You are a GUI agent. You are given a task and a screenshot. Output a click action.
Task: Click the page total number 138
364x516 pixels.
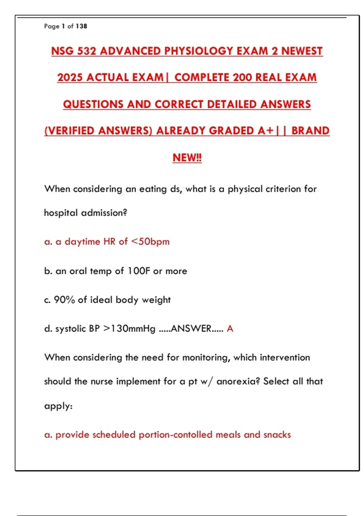[x=82, y=26]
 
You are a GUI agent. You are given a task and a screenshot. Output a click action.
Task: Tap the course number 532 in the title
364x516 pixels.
[x=87, y=51]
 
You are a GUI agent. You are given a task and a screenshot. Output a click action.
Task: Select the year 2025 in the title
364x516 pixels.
[x=70, y=77]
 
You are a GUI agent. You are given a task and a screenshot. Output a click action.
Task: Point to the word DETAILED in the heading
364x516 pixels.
[x=232, y=104]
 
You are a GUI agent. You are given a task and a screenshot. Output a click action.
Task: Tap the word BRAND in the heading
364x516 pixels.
[x=310, y=131]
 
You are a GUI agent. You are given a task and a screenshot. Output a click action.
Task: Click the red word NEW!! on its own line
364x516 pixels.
[x=187, y=158]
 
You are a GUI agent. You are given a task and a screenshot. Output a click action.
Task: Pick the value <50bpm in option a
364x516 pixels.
[x=150, y=242]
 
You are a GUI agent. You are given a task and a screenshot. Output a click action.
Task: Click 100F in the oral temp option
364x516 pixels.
[x=139, y=271]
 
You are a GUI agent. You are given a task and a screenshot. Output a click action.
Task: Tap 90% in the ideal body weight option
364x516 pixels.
[x=64, y=300]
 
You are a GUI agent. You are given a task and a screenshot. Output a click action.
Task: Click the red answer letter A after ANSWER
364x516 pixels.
[x=230, y=329]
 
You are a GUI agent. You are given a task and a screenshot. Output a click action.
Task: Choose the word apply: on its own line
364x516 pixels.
[x=59, y=406]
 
